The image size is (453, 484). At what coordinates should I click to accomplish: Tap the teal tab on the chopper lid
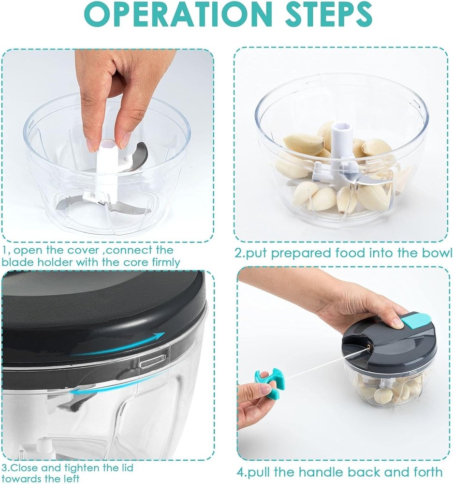coord(414,321)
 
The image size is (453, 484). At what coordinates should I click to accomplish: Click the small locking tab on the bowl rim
coord(153,359)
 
